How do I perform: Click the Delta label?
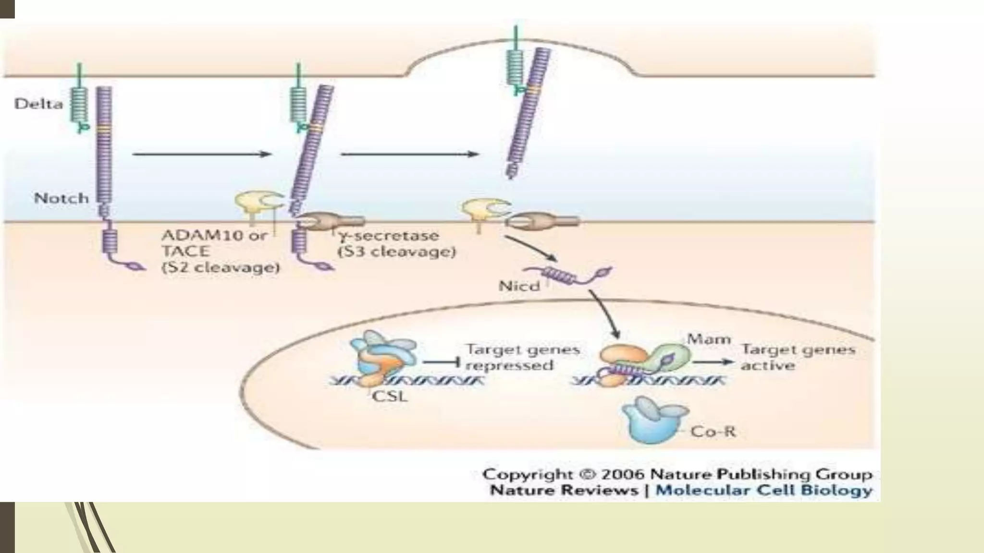[x=38, y=104]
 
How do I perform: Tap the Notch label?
[x=61, y=198]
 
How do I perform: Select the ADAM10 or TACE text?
[x=214, y=243]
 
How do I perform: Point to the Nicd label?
[x=519, y=286]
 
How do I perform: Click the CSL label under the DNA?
[x=390, y=397]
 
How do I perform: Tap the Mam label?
[x=709, y=339]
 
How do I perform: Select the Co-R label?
[x=713, y=432]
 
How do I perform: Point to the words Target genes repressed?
[x=523, y=357]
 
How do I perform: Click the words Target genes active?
[x=798, y=357]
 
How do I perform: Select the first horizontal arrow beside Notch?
[x=202, y=154]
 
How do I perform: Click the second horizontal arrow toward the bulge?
[x=409, y=154]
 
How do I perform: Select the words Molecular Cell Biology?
[x=764, y=491]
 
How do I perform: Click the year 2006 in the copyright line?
[x=622, y=474]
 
